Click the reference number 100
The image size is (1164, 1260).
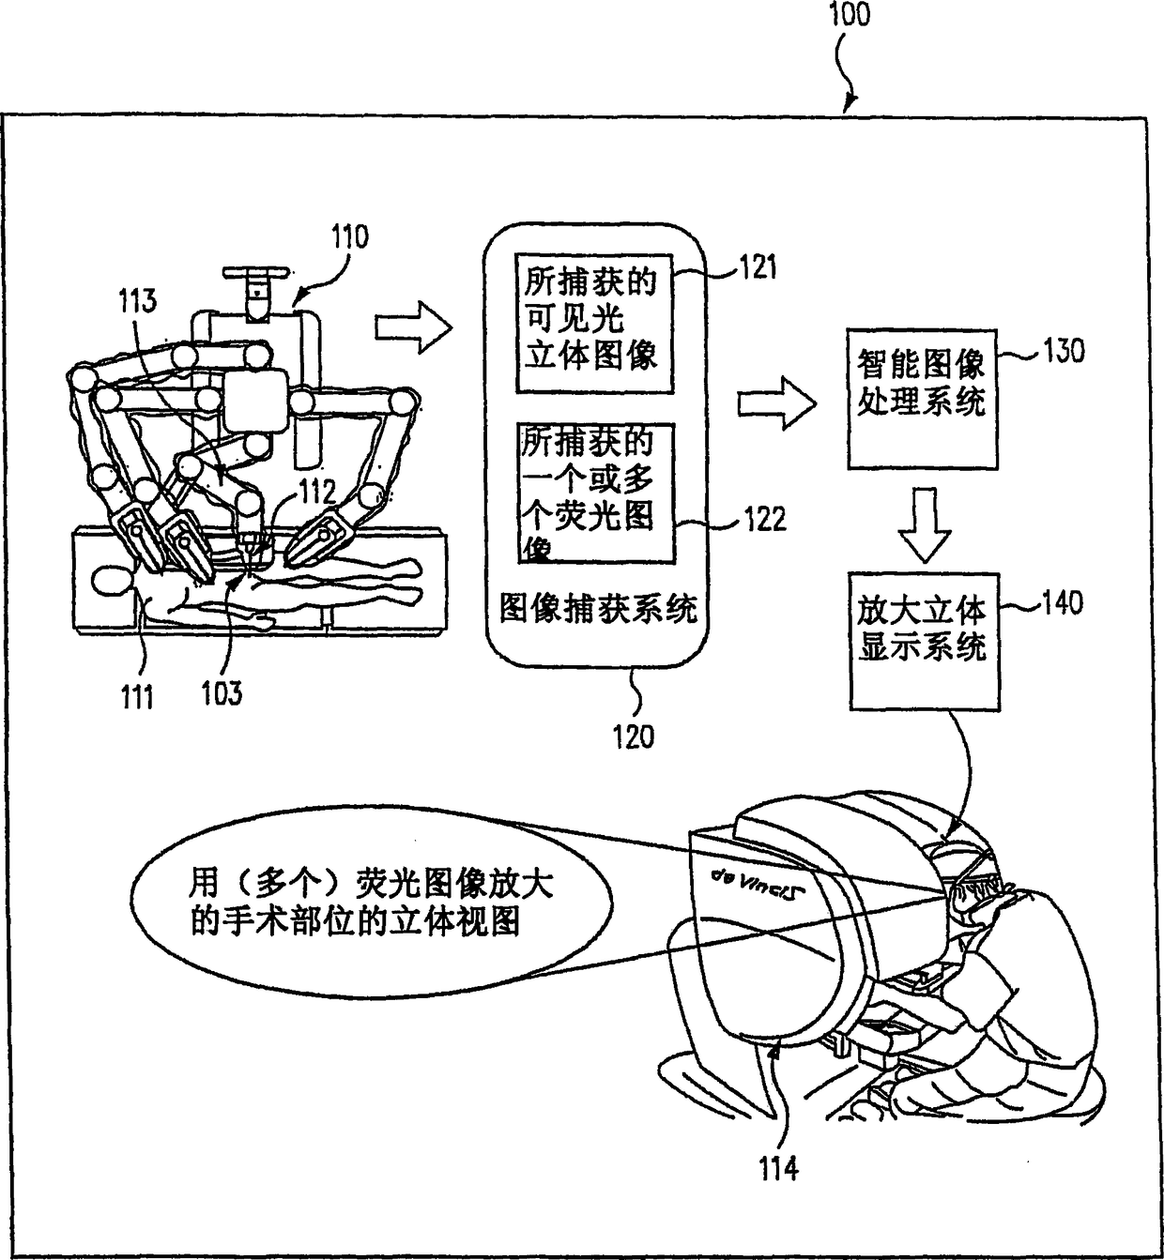pyautogui.click(x=850, y=16)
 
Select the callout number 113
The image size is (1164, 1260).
pyautogui.click(x=137, y=301)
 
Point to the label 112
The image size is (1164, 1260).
pyautogui.click(x=317, y=492)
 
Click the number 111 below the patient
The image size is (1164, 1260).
pyautogui.click(x=137, y=697)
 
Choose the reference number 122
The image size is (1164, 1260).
pyautogui.click(x=764, y=519)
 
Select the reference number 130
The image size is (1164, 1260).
pyautogui.click(x=1063, y=352)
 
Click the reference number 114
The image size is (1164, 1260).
pyautogui.click(x=779, y=1168)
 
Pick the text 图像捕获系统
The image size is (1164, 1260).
pyautogui.click(x=598, y=610)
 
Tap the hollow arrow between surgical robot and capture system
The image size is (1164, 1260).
pyautogui.click(x=414, y=326)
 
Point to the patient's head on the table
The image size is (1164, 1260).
pyautogui.click(x=115, y=582)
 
